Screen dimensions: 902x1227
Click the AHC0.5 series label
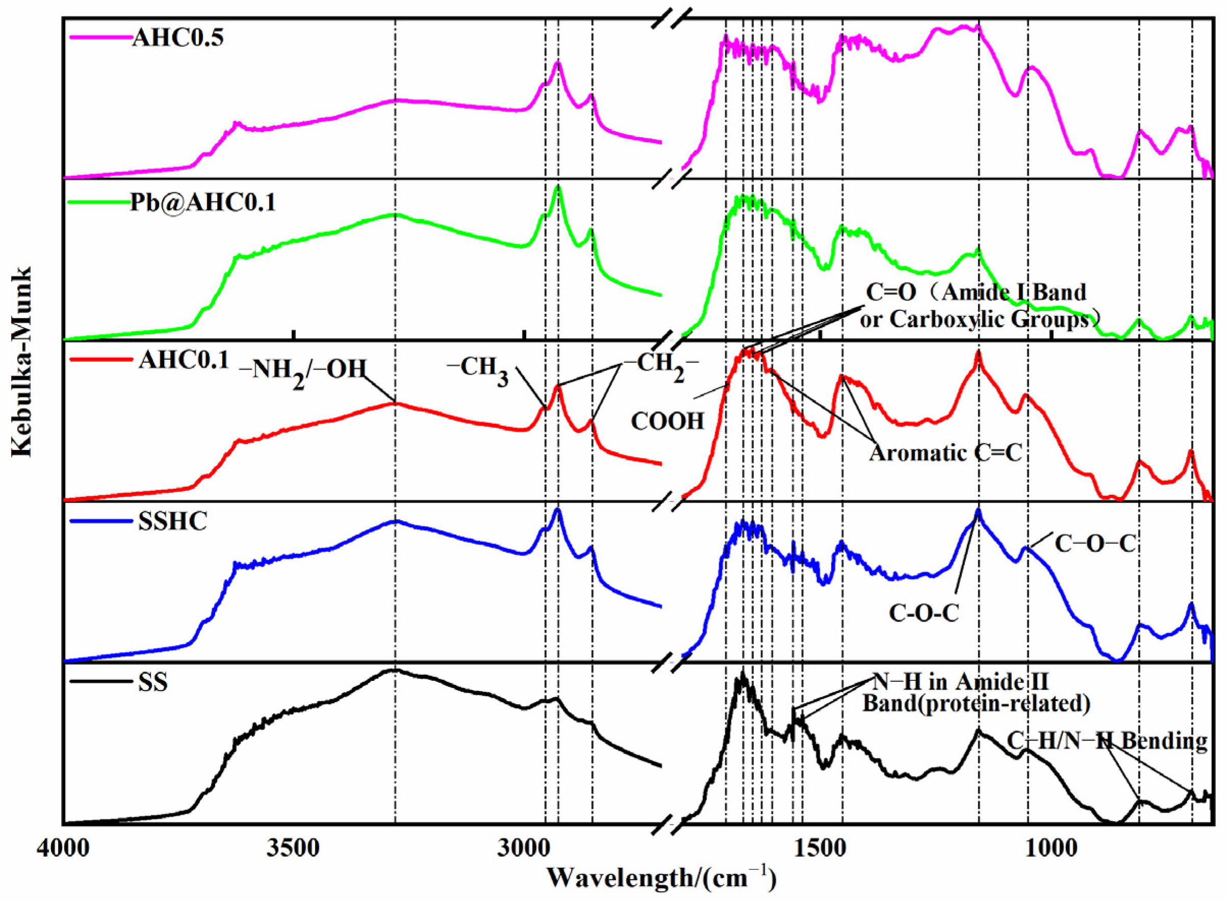coord(177,38)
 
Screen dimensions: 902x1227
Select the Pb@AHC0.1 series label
coord(202,203)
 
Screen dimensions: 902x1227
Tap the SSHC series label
coord(173,521)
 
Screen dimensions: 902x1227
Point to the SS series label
coord(152,682)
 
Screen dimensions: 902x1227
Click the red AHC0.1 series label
coord(184,360)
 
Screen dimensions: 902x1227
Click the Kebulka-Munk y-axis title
coord(23,361)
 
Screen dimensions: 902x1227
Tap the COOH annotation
coord(667,421)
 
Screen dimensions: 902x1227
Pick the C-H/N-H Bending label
coord(1106,741)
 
